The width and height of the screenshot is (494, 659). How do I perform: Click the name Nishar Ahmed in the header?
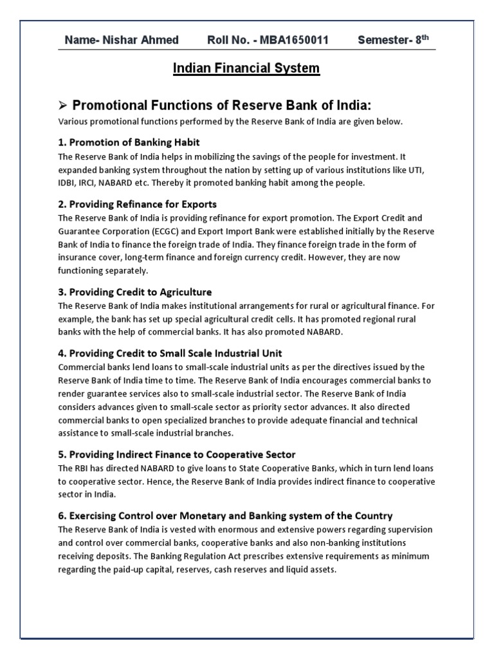(138, 41)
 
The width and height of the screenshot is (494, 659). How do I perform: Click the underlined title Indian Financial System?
(246, 68)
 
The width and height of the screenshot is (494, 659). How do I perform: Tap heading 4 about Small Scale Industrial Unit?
(170, 353)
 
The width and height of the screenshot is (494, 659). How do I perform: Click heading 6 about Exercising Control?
(225, 515)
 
